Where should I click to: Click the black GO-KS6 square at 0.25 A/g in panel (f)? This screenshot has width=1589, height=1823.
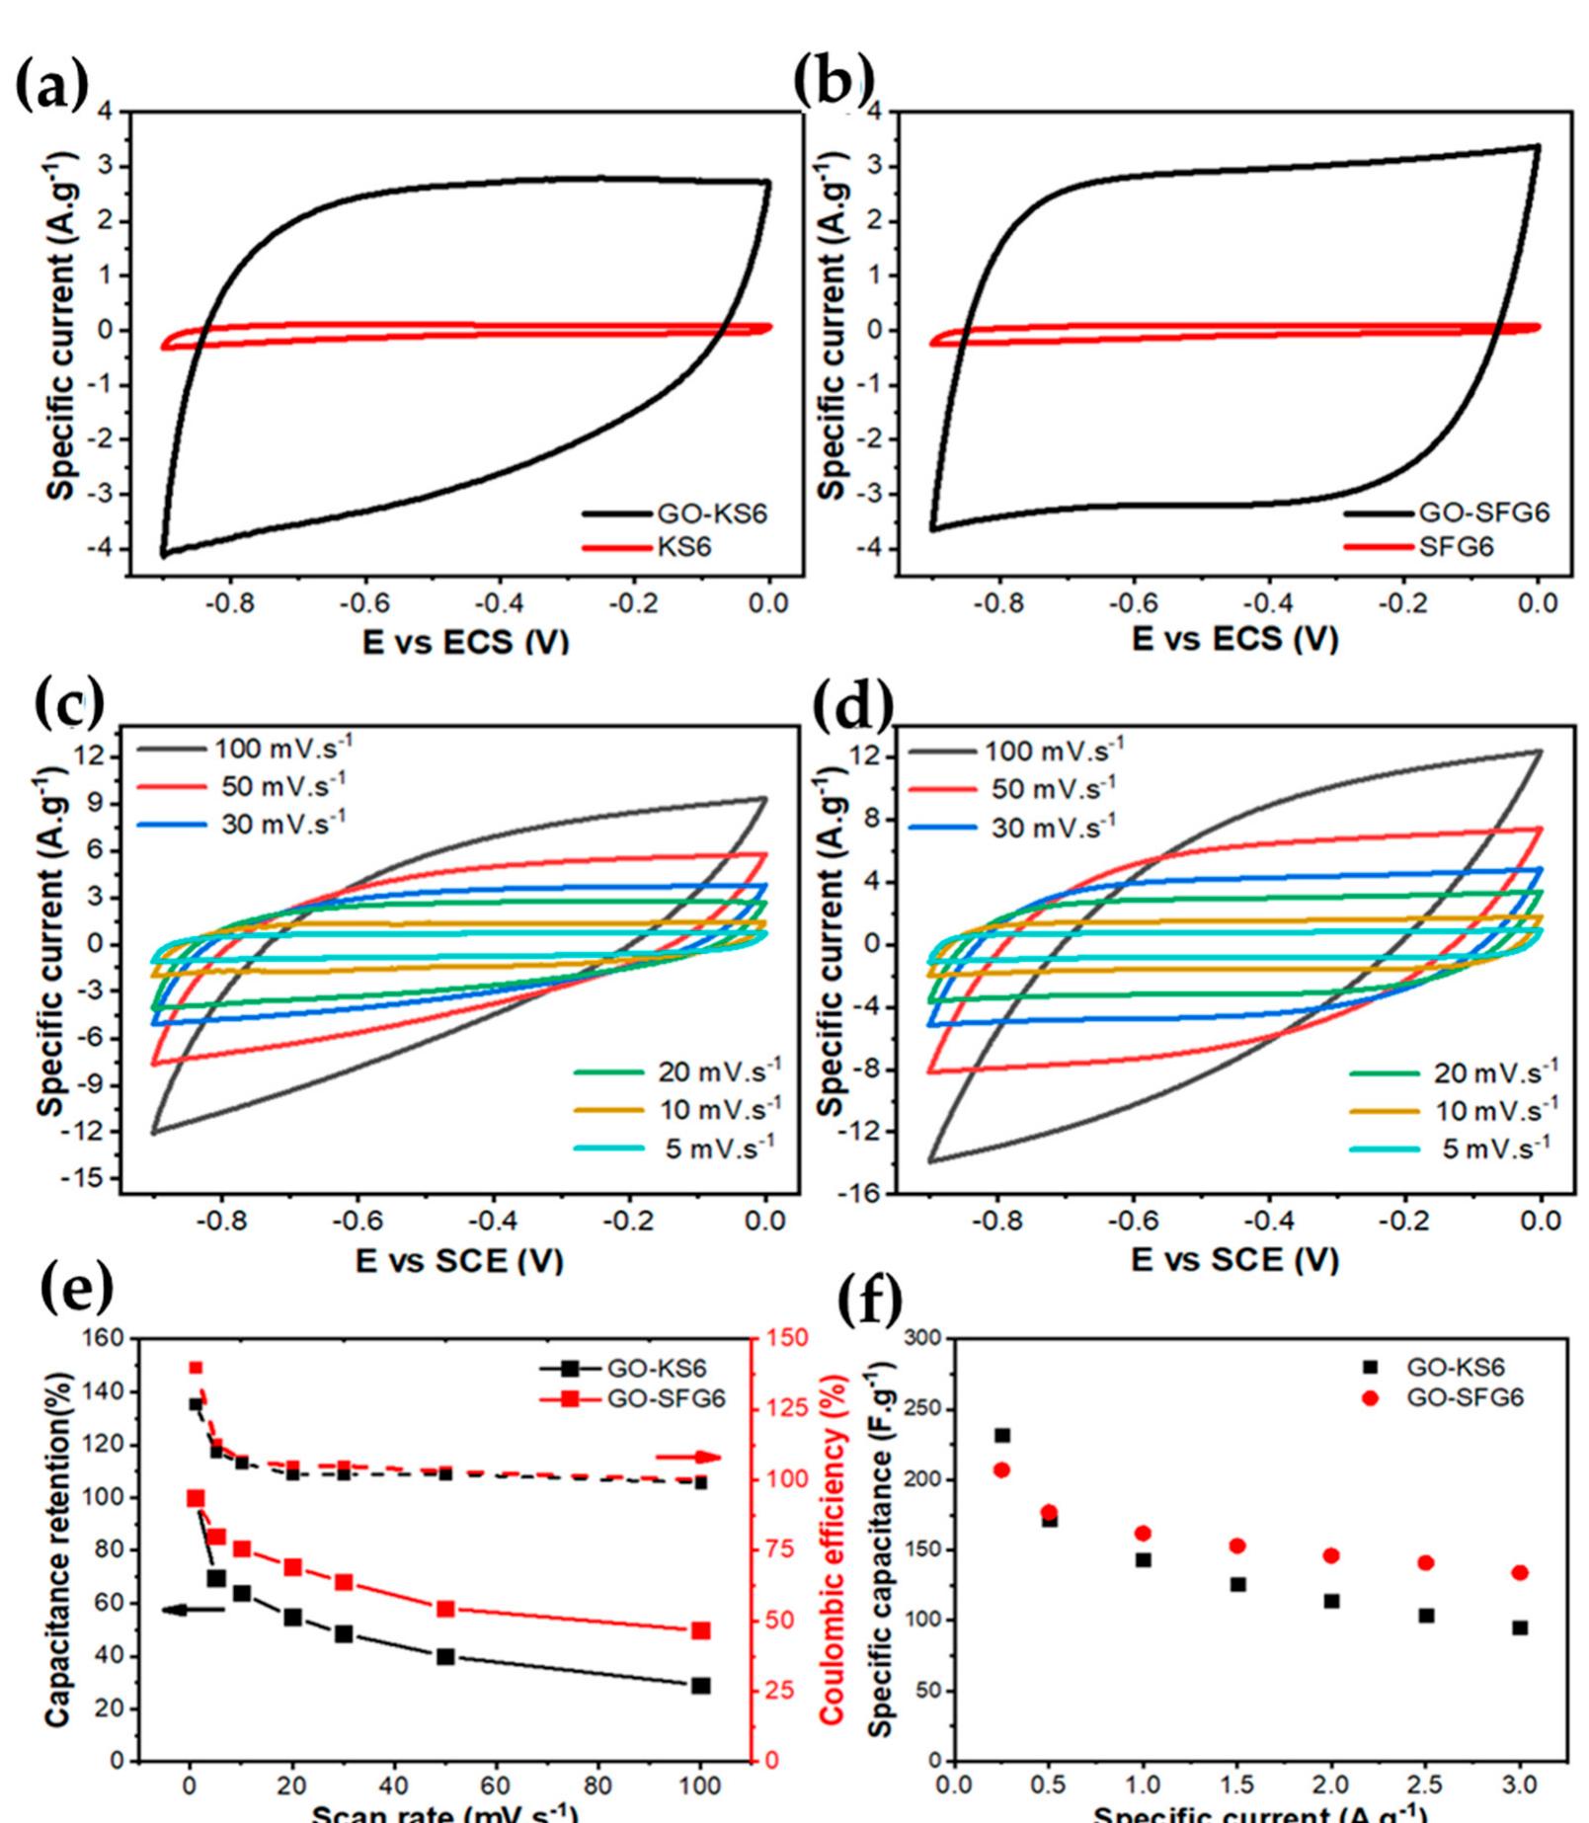tap(1002, 1436)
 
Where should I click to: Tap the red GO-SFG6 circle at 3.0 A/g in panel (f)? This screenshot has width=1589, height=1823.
tap(1520, 1573)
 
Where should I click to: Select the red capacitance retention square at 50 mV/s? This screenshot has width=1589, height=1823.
tap(445, 1609)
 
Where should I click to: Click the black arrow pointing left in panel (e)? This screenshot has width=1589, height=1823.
tap(194, 1610)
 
